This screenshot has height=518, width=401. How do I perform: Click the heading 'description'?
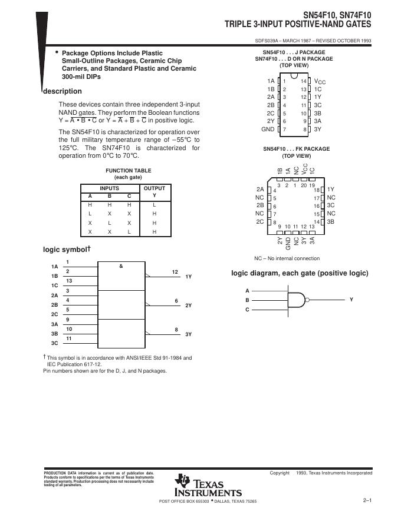click(63, 91)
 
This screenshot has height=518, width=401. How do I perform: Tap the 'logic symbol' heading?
click(65, 250)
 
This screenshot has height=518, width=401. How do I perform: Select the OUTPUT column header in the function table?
click(155, 188)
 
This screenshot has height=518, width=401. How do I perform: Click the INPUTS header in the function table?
click(109, 188)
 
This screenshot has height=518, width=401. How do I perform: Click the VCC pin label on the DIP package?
click(320, 81)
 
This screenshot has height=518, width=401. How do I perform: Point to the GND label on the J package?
click(268, 129)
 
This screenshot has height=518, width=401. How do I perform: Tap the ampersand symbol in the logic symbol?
click(121, 267)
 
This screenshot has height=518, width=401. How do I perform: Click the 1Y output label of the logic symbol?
click(189, 276)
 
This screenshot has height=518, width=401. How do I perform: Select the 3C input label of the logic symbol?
click(54, 343)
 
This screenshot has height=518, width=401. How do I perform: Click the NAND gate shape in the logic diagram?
click(298, 300)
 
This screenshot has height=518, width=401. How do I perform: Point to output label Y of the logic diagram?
click(351, 300)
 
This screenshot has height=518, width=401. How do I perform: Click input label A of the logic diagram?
click(247, 291)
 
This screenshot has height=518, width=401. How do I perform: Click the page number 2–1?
click(367, 500)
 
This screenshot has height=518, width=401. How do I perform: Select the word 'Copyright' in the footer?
click(280, 473)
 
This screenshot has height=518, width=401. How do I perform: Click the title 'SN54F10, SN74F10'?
click(338, 14)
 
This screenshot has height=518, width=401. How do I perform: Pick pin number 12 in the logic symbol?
click(175, 272)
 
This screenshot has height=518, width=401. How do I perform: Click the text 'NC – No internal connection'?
click(287, 258)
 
